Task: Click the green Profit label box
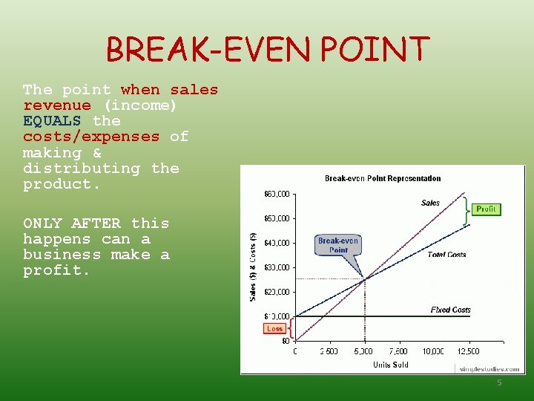[x=486, y=209]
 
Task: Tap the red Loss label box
[x=275, y=328]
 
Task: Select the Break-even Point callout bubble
[x=338, y=245]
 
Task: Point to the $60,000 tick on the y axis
[x=277, y=194]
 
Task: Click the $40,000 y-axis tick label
[x=277, y=243]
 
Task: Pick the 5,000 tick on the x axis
[x=364, y=351]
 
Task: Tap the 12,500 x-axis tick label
[x=467, y=351]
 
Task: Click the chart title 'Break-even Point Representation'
[x=383, y=178]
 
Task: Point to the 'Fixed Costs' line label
[x=450, y=310]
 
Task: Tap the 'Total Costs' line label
[x=446, y=255]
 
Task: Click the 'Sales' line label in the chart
[x=430, y=203]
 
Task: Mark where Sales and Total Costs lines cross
[x=364, y=279]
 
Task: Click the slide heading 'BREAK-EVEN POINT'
[x=268, y=50]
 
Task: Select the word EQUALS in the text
[x=52, y=120]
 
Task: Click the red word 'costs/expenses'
[x=90, y=137]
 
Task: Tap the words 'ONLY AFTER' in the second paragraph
[x=71, y=223]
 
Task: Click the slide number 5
[x=499, y=382]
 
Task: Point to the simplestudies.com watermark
[x=489, y=368]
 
